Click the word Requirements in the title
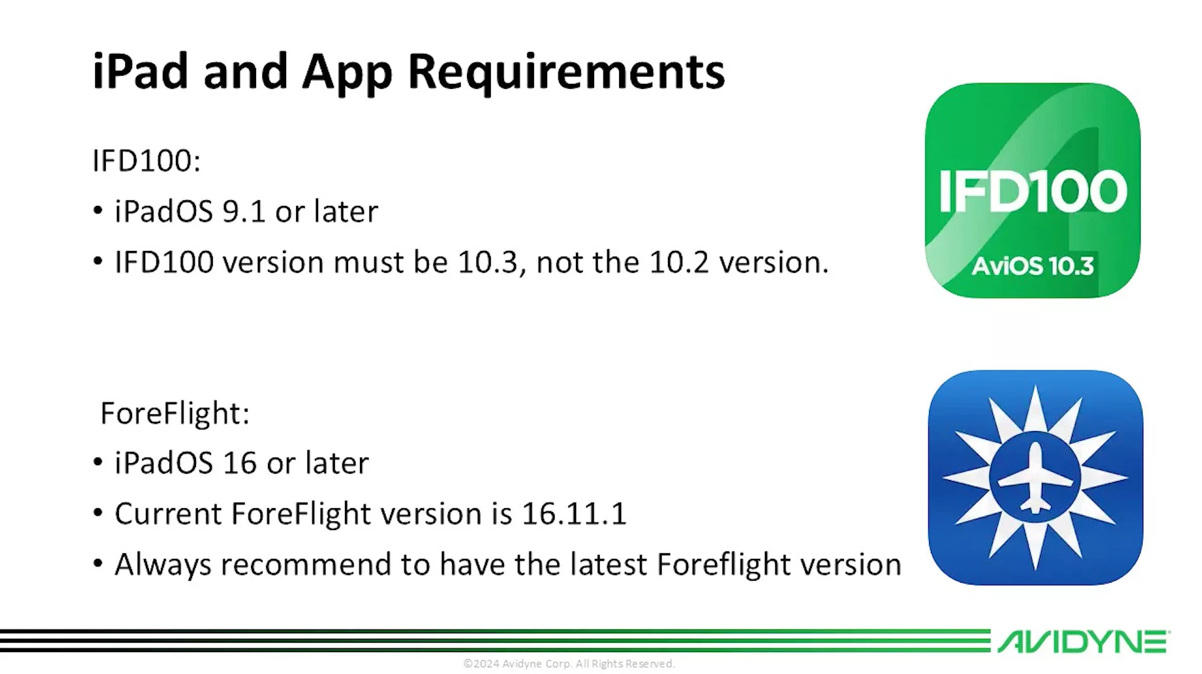point(566,72)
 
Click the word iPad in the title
point(140,72)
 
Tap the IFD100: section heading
point(146,161)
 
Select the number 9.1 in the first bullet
point(244,212)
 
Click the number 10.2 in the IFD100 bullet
point(679,262)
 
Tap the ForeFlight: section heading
point(175,413)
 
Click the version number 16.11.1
point(573,514)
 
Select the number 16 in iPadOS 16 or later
point(240,463)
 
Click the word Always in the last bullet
point(163,564)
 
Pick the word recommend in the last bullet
point(306,564)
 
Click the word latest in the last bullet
point(609,564)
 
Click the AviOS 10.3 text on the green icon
point(1032,266)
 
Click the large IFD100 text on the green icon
point(1032,191)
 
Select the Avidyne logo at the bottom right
point(1083,642)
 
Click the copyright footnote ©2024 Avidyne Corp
point(568,663)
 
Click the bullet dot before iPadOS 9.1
point(98,211)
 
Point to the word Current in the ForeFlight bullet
point(168,514)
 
